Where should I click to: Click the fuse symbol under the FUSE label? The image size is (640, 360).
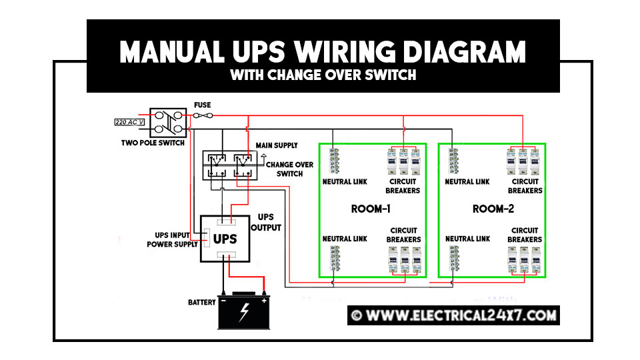pos(203,115)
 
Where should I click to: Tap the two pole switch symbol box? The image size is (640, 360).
pos(168,123)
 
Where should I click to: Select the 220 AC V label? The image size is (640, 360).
pos(129,122)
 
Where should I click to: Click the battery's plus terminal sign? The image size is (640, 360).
pos(264,301)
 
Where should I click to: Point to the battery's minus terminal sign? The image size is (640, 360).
pos(223,301)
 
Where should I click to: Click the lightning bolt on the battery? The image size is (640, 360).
pos(244,313)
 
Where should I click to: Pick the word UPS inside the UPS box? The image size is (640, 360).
pos(225,239)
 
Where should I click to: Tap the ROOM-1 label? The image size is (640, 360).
pos(371,209)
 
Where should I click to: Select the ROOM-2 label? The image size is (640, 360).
pos(493,209)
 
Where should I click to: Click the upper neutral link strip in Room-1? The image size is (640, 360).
pos(334,161)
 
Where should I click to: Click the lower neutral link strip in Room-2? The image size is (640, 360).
pos(454,259)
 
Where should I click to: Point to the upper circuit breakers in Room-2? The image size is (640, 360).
pos(523,161)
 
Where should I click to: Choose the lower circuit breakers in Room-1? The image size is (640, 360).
pos(405,259)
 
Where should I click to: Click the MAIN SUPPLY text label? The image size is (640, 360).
pos(277,145)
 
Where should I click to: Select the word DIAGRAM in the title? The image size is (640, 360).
pos(465,52)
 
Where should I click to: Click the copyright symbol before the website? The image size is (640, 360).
pos(356,315)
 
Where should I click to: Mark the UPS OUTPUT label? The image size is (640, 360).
pos(266,223)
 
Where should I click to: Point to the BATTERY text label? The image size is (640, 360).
pos(201,303)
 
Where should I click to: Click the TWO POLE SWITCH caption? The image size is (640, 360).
pos(153,143)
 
